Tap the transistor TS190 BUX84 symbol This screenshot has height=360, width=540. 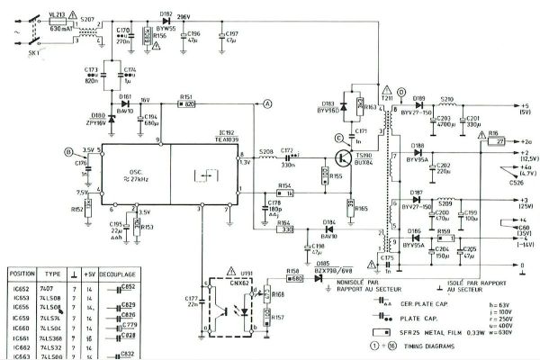click(x=344, y=158)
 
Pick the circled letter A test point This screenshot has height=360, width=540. click(x=267, y=103)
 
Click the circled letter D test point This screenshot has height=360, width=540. click(x=400, y=91)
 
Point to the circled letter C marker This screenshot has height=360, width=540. click(x=339, y=137)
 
